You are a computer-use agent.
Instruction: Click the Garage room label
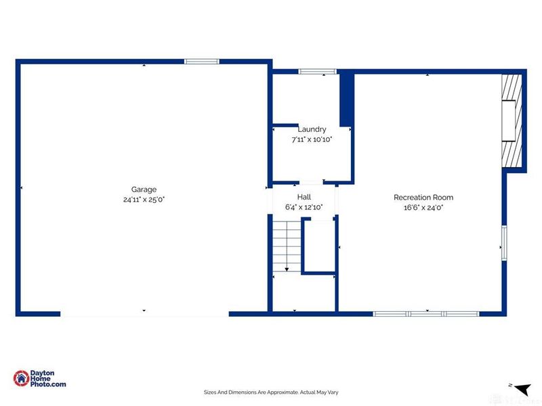pyautogui.click(x=144, y=189)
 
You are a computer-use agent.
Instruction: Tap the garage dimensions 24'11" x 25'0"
pyautogui.click(x=144, y=200)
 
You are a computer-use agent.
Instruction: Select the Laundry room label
pyautogui.click(x=312, y=129)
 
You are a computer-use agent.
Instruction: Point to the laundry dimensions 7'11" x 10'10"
pyautogui.click(x=312, y=139)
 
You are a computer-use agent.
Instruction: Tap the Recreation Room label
pyautogui.click(x=423, y=198)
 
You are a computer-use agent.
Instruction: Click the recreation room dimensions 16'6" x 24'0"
pyautogui.click(x=423, y=208)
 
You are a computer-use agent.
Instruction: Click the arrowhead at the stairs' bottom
pyautogui.click(x=287, y=269)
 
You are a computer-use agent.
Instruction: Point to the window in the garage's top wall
pyautogui.click(x=202, y=62)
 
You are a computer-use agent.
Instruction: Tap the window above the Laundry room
pyautogui.click(x=318, y=71)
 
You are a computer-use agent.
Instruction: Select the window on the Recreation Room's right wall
pyautogui.click(x=503, y=242)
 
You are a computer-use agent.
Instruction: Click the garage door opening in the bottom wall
pyautogui.click(x=145, y=314)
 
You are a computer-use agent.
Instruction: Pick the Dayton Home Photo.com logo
pyautogui.click(x=41, y=379)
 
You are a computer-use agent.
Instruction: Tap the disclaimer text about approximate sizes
pyautogui.click(x=271, y=392)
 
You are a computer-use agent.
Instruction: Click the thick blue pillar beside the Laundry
pyautogui.click(x=346, y=99)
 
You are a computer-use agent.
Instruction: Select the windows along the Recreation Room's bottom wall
pyautogui.click(x=426, y=314)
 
